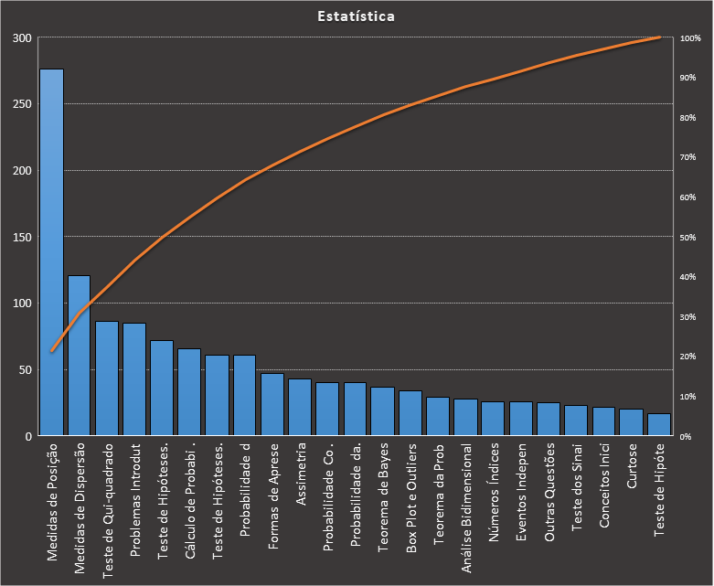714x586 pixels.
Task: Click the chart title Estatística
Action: [x=357, y=16]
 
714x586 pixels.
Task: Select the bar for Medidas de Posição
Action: [x=51, y=252]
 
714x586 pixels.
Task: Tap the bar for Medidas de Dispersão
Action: [x=80, y=356]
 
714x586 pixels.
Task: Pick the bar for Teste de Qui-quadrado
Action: [x=107, y=378]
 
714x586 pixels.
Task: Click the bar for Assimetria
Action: [x=300, y=408]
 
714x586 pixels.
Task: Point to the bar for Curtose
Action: [x=631, y=422]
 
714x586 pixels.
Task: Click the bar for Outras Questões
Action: [x=549, y=420]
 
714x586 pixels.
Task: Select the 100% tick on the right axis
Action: [x=690, y=38]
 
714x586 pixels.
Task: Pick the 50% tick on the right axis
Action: [x=688, y=238]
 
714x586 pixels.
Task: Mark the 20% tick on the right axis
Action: [x=688, y=357]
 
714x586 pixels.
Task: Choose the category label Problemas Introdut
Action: [x=135, y=499]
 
